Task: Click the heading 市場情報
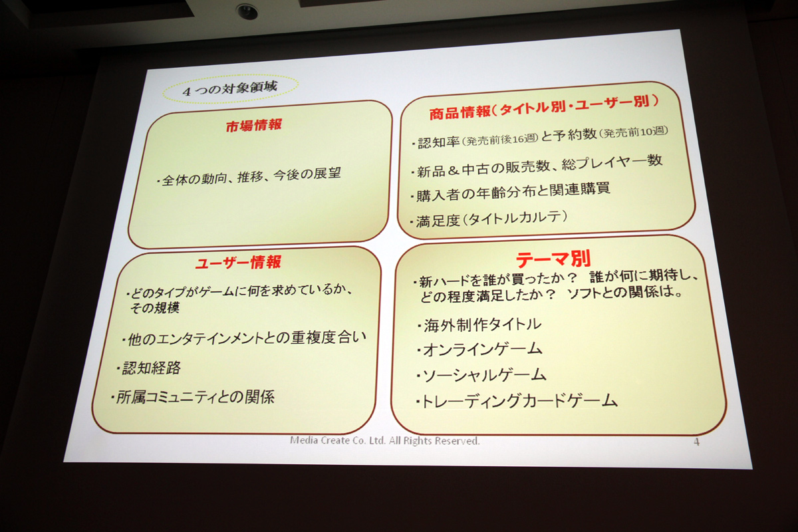[x=253, y=126]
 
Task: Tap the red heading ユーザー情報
[x=238, y=263]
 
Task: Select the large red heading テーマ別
[x=553, y=259]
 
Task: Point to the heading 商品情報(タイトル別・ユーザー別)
[x=544, y=107]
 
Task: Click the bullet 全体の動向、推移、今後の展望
[x=249, y=177]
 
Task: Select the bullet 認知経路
[x=149, y=368]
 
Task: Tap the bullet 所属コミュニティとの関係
[x=193, y=397]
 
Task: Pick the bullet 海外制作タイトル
[x=479, y=325]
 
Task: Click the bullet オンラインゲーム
[x=479, y=350]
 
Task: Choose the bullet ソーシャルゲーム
[x=481, y=376]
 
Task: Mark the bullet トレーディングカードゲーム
[x=517, y=401]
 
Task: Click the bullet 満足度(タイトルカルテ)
[x=488, y=219]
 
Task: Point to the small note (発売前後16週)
[x=499, y=140]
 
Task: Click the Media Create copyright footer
[x=385, y=441]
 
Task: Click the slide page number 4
[x=696, y=442]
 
